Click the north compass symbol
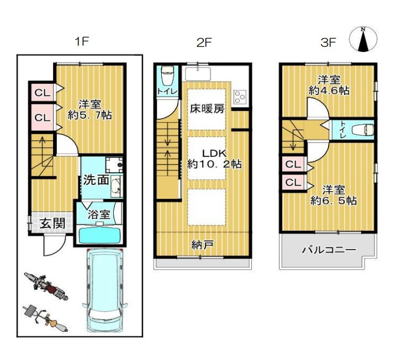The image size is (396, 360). point(363,39)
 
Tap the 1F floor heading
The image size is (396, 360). point(82,41)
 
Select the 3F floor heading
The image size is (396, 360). point(328,43)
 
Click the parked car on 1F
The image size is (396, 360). point(105,290)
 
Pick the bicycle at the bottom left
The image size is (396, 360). point(45,318)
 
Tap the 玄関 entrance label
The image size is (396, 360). point(53,224)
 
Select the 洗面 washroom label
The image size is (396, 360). point(96,180)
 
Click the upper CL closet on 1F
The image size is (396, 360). point(42,92)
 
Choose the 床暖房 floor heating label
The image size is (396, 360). point(207,109)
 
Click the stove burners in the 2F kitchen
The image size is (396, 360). point(240,97)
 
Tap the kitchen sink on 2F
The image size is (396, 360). point(198,74)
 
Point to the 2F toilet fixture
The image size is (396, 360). point(167,76)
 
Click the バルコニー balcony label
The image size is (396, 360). point(329,250)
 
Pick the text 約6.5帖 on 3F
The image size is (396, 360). point(334,200)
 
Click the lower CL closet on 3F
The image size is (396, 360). point(293,182)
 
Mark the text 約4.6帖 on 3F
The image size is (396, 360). point(329,90)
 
